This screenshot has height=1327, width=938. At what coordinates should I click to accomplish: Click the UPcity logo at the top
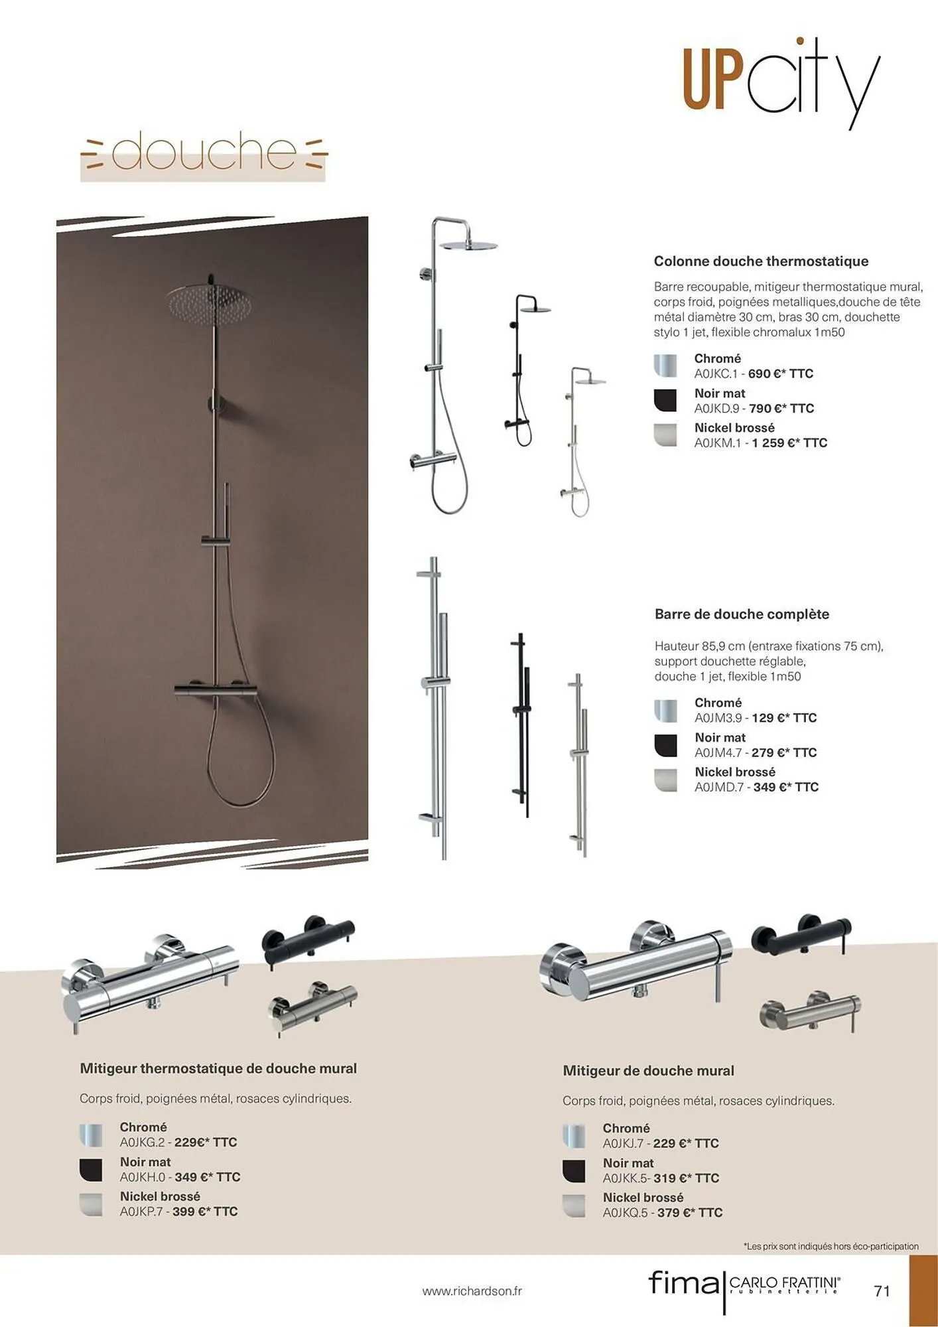tap(781, 83)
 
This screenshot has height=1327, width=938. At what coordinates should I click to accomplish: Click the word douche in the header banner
tap(204, 152)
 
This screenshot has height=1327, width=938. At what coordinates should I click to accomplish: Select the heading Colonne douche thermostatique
tap(761, 261)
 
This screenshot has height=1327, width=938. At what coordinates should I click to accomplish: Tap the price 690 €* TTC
tap(780, 374)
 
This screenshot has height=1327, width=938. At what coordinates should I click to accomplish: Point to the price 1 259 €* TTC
tap(789, 443)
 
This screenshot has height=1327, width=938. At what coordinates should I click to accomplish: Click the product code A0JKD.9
tap(716, 408)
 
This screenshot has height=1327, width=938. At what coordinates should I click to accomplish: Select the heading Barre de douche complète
tap(742, 614)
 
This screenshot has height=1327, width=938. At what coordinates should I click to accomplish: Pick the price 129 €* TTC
tap(783, 718)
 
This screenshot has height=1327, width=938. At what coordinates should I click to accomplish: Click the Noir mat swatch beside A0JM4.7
tap(665, 745)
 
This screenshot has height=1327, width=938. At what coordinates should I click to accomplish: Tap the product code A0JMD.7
tap(719, 787)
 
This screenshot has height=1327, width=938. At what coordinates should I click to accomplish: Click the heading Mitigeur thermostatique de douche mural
tap(218, 1069)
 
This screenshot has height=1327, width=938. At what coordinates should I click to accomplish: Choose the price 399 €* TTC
tap(205, 1212)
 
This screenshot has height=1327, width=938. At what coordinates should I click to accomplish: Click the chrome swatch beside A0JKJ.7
tap(574, 1136)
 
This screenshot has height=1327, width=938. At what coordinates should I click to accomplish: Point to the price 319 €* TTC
tap(686, 1178)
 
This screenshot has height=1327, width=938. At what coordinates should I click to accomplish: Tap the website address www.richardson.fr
tap(472, 1291)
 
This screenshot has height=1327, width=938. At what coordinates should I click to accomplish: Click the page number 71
tap(882, 1291)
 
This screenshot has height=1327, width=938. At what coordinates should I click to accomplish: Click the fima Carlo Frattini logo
tap(744, 1285)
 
